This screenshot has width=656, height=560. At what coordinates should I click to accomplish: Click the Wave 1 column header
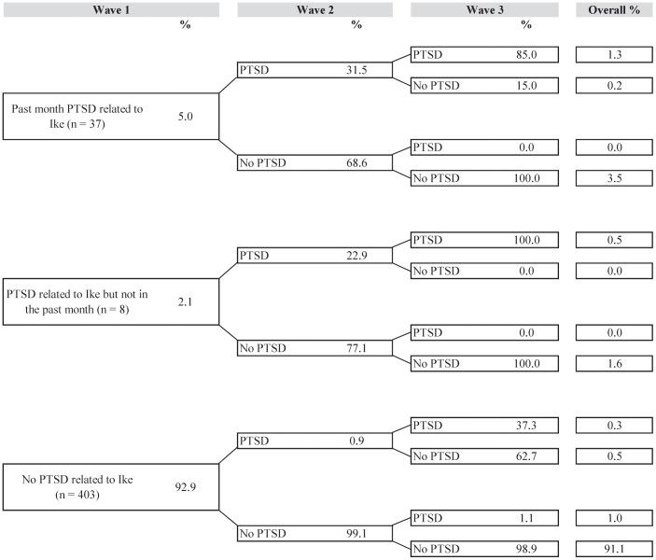[110, 9]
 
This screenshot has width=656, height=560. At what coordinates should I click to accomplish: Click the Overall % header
[613, 9]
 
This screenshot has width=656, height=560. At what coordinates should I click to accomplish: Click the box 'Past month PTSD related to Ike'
[110, 116]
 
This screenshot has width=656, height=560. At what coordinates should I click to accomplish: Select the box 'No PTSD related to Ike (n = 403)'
[110, 487]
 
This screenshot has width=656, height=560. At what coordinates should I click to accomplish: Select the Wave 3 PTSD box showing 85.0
[484, 54]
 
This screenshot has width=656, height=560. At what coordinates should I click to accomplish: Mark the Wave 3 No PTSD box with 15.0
[484, 86]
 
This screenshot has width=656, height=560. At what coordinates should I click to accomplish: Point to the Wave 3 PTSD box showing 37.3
[484, 425]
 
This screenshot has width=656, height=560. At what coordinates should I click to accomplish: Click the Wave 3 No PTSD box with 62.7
[484, 455]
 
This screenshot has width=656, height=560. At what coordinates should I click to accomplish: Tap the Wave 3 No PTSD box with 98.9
[484, 549]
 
